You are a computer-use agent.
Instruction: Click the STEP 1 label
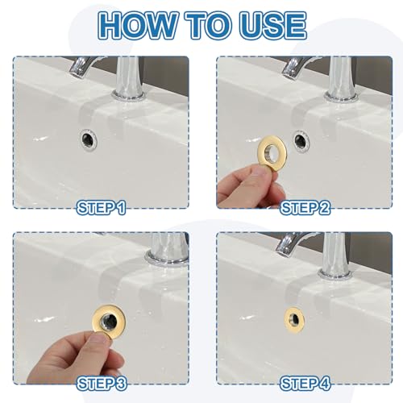coord(101,209)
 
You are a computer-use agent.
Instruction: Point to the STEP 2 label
coord(305,209)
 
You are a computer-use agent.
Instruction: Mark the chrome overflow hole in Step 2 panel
coord(301,140)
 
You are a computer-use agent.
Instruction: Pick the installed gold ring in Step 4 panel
coord(293,317)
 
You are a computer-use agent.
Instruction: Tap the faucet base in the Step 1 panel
coord(129,95)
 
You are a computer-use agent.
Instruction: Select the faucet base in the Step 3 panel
coord(167,256)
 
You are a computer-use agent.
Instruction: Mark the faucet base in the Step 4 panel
coord(332,272)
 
